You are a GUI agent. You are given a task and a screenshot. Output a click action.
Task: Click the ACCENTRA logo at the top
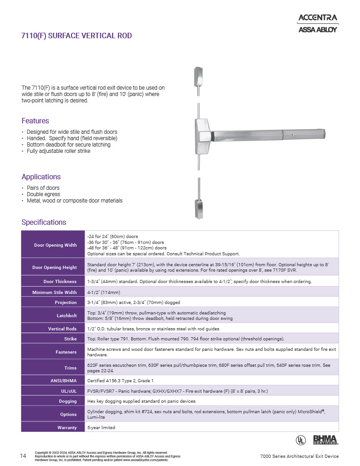pyautogui.click(x=317, y=18)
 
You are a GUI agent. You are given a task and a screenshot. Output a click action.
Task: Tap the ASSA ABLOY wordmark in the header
pyautogui.click(x=317, y=30)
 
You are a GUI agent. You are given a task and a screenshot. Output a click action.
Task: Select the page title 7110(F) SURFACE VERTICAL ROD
pyautogui.click(x=76, y=35)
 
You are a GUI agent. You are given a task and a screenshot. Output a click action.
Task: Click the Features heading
pyautogui.click(x=35, y=121)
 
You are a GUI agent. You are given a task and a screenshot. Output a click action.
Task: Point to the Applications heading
pyautogui.click(x=41, y=177)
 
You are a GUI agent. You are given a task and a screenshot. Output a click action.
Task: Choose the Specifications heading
pyautogui.click(x=44, y=222)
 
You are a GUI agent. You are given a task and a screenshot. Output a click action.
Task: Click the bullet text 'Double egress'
pyautogui.click(x=43, y=194)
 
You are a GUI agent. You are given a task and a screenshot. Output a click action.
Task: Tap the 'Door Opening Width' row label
pyautogui.click(x=55, y=245)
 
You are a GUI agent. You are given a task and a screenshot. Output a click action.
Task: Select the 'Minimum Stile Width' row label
pyautogui.click(x=55, y=292)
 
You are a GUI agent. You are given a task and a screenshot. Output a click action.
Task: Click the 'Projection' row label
pyautogui.click(x=66, y=302)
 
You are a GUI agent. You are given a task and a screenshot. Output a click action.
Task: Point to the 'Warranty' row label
pyautogui.click(x=67, y=428)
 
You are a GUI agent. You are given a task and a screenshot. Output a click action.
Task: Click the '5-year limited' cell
pyautogui.click(x=101, y=428)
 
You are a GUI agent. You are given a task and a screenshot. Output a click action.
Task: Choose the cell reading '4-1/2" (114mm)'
pyautogui.click(x=104, y=292)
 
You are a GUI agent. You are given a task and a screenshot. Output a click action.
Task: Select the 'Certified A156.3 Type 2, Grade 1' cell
pyautogui.click(x=120, y=380)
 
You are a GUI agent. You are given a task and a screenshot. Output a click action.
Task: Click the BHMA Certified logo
pyautogui.click(x=325, y=440)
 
